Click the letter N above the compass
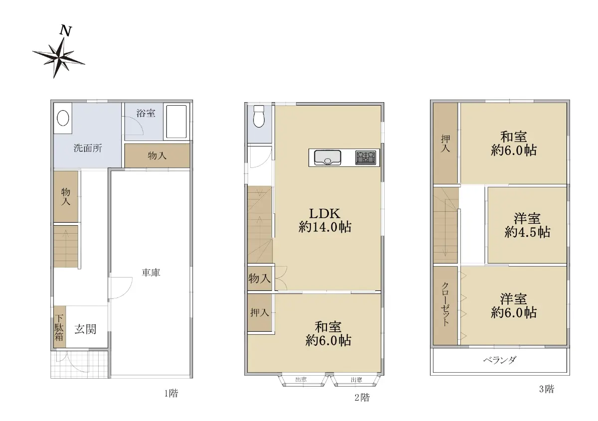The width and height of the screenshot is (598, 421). (66, 30)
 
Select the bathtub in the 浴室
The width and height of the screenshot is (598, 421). (176, 122)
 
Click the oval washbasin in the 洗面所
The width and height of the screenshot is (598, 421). (63, 118)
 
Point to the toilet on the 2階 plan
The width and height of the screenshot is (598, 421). (259, 116)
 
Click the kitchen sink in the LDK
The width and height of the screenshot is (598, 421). (327, 158)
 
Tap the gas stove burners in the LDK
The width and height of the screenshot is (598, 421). (365, 157)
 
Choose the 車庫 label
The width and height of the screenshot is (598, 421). (151, 273)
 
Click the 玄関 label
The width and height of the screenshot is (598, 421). (85, 329)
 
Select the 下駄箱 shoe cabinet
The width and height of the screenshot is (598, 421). (59, 327)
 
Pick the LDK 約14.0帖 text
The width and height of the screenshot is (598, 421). (324, 220)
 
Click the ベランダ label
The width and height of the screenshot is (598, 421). (500, 360)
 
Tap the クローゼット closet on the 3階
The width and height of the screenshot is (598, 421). (446, 305)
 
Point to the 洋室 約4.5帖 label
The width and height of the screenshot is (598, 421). (527, 225)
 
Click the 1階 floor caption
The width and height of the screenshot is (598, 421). (171, 393)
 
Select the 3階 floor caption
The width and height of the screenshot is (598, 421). (547, 389)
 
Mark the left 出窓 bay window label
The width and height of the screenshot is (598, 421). (301, 379)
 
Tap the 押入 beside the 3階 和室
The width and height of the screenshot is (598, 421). (446, 143)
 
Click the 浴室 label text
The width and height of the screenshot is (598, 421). (146, 113)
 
